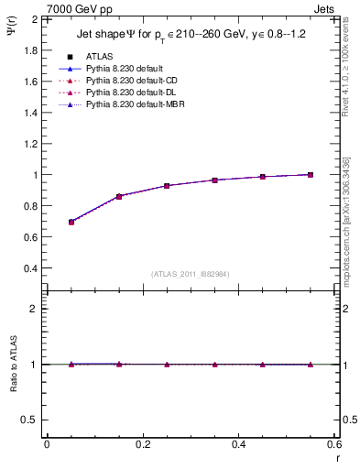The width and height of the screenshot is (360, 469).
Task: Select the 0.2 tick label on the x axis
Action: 142,445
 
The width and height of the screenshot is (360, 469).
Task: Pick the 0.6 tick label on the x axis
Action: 333,445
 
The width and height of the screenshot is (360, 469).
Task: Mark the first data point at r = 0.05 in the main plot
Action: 71,222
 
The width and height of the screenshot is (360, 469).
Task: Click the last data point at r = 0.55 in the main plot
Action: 311,174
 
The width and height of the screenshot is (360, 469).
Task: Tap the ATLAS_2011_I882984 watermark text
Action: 191,273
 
